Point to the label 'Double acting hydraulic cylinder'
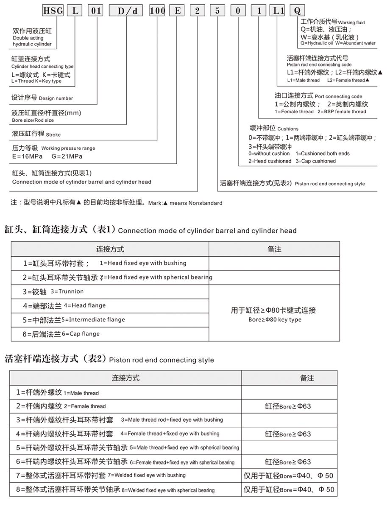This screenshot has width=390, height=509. pyautogui.click(x=32, y=41)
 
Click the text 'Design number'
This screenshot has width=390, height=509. pyautogui.click(x=56, y=98)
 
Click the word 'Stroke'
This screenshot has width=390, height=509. pyautogui.click(x=53, y=135)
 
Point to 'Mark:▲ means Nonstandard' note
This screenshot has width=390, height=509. pyautogui.click(x=185, y=203)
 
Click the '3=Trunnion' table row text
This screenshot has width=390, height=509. pyautogui.click(x=67, y=291)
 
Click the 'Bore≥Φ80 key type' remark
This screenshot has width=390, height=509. pyautogui.click(x=275, y=319)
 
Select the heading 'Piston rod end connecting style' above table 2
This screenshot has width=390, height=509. pyautogui.click(x=162, y=361)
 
